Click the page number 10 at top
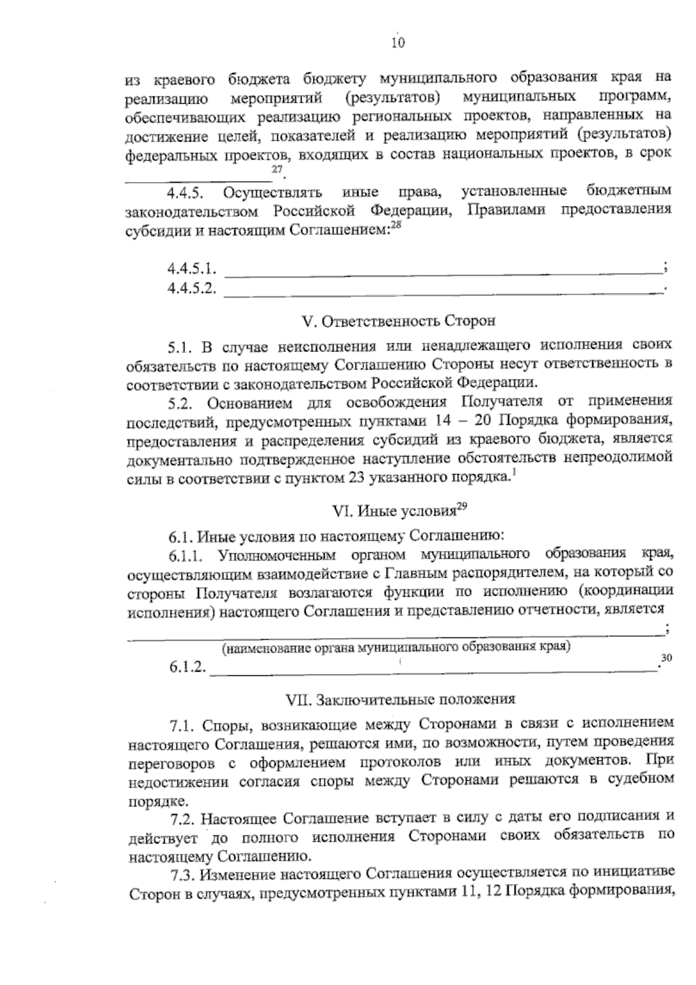[397, 42]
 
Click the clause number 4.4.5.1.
[191, 269]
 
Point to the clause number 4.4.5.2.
[191, 288]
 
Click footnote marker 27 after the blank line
[277, 169]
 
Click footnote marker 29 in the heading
[462, 506]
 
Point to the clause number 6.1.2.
[187, 667]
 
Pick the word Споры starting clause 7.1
[227, 723]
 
